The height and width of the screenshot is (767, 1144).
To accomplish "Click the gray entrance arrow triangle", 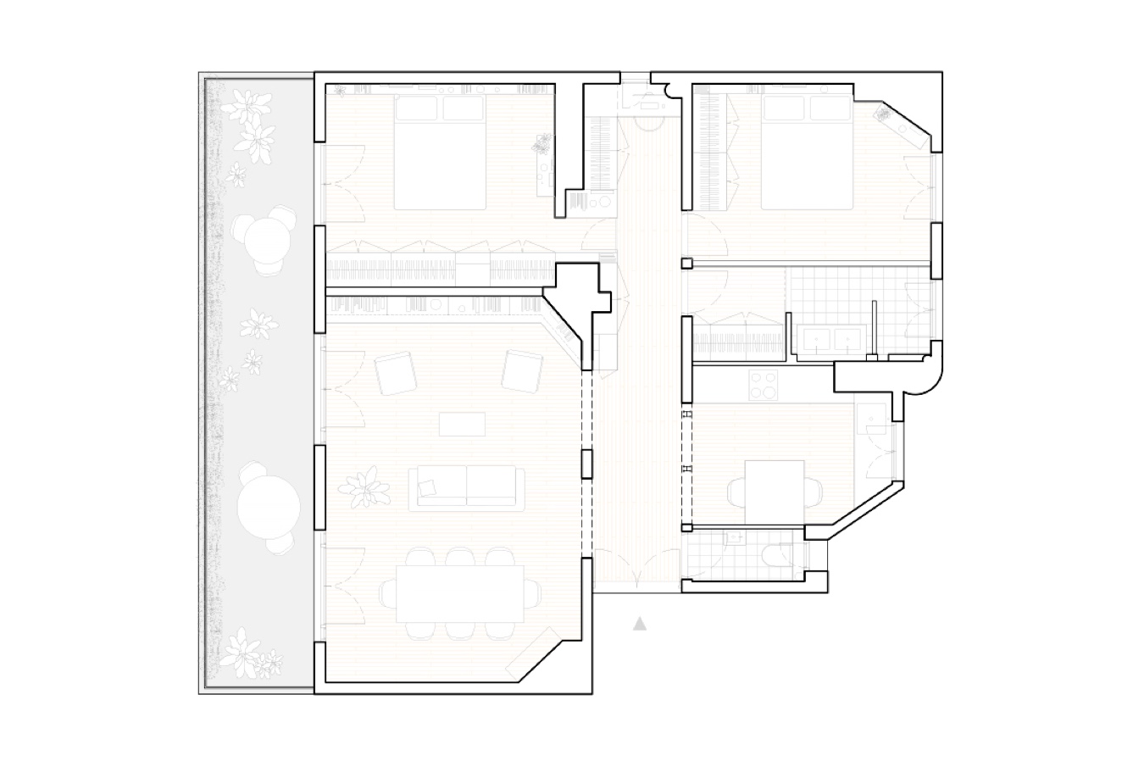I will click(x=640, y=625).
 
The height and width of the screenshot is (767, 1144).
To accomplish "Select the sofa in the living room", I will click(x=464, y=486).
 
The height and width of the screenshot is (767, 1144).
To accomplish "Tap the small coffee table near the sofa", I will click(x=463, y=423).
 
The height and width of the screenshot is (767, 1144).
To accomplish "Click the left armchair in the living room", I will click(x=395, y=372).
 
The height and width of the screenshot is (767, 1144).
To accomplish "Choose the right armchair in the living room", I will click(x=521, y=371).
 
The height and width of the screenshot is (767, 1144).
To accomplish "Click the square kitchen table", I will click(x=774, y=492).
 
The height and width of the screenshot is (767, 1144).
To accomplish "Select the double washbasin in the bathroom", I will click(x=830, y=341).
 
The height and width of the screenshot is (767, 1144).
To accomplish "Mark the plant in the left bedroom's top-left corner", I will click(x=337, y=91).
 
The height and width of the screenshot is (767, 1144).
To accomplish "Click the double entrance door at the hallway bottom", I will click(x=636, y=568).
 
